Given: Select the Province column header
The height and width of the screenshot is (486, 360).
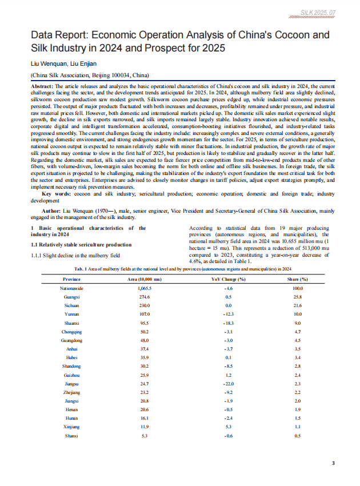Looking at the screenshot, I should tap(71, 278).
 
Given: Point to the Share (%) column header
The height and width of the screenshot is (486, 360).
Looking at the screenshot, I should tap(297, 278).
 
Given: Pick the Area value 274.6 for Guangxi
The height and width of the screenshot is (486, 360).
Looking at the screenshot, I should tap(144, 297).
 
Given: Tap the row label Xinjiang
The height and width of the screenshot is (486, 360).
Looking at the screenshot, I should tap(71, 426).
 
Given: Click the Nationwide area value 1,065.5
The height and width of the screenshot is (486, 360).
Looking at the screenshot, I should tap(144, 289).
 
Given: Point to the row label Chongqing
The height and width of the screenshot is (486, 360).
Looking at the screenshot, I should tap(71, 332).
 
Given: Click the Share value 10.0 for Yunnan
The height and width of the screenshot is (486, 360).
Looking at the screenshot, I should tap(297, 314).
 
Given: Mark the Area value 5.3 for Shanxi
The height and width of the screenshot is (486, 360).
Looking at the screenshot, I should tap(144, 436).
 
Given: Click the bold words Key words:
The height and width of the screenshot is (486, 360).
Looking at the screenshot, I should tap(49, 193).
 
